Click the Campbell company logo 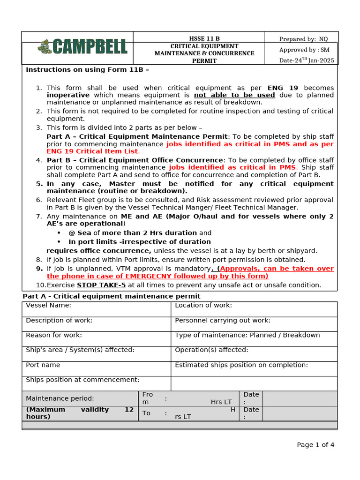click(82, 46)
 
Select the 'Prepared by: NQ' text click(303, 39)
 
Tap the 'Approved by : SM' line click(304, 50)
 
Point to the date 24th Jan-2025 click(307, 60)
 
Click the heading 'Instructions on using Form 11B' click(88, 69)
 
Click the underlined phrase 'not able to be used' click(244, 95)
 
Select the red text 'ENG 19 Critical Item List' click(93, 151)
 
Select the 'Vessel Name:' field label click(49, 305)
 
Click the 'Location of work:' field click(203, 305)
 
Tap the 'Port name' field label click(43, 365)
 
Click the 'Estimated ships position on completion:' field click(241, 365)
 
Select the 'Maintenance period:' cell click(60, 398)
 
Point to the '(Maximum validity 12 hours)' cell click(80, 413)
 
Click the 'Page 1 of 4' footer click(315, 445)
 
